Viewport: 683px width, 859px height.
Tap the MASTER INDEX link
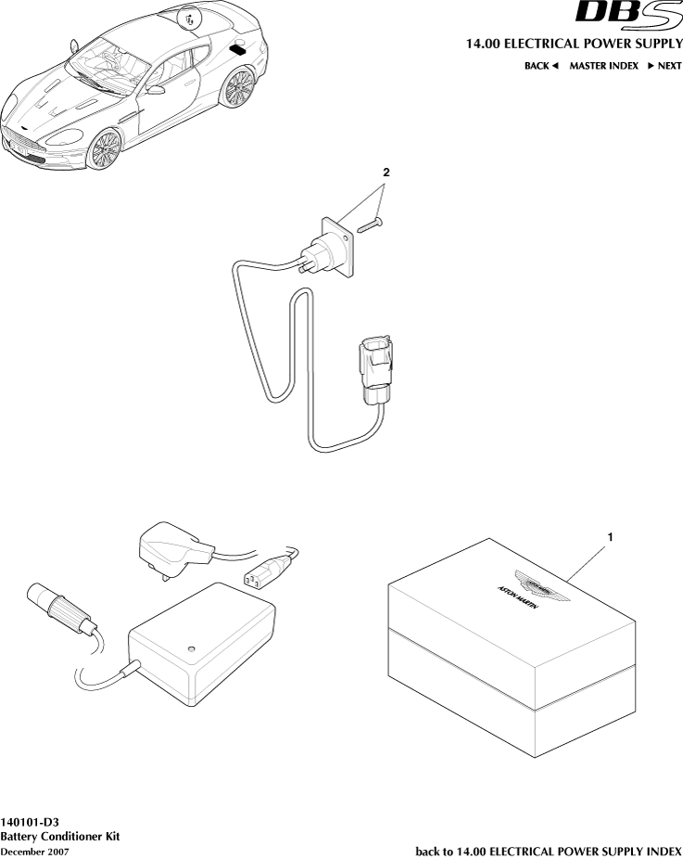(603, 66)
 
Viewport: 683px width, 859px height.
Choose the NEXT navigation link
(664, 66)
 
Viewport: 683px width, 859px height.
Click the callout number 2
(386, 173)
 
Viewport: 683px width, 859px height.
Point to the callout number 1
(611, 536)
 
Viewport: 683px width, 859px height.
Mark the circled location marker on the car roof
(190, 19)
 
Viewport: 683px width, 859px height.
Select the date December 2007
(34, 851)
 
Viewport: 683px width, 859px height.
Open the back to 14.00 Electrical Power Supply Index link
(549, 851)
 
